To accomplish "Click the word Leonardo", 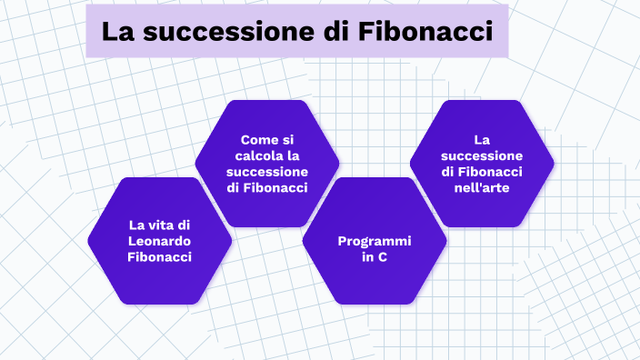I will pyautogui.click(x=160, y=241).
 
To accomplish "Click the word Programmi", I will pyautogui.click(x=375, y=241).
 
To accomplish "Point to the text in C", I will pyautogui.click(x=375, y=257).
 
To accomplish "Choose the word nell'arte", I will pyautogui.click(x=482, y=188).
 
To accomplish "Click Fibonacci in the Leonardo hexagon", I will pyautogui.click(x=160, y=257).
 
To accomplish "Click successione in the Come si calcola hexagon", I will pyautogui.click(x=267, y=172).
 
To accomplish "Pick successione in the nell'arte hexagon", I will pyautogui.click(x=482, y=155).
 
